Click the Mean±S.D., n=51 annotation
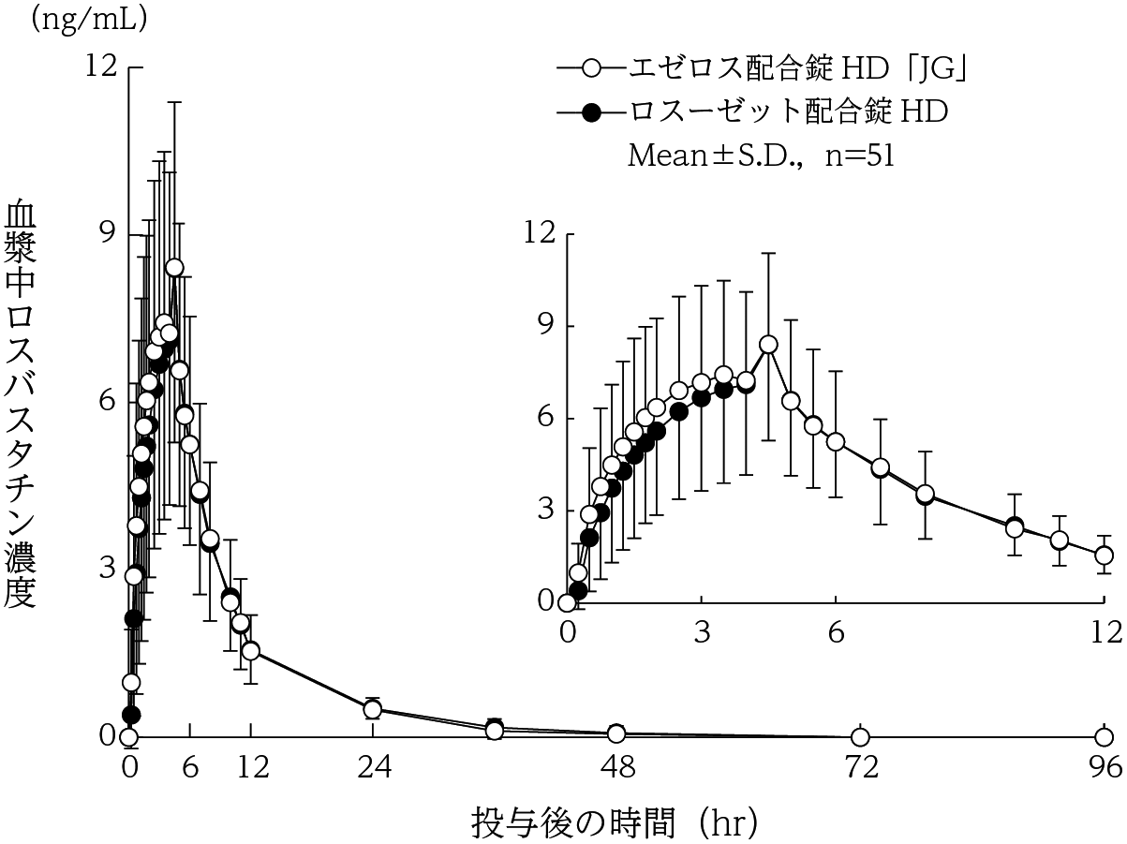point(760,155)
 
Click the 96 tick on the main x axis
point(1105,768)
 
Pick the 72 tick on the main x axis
point(861,768)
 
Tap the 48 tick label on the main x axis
point(617,768)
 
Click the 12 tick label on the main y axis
point(101,67)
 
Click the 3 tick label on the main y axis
point(108,569)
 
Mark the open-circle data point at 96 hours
point(1105,736)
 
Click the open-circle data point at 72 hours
point(861,736)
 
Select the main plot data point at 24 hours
point(373,709)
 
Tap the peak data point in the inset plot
point(769,345)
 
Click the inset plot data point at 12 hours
point(1105,555)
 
